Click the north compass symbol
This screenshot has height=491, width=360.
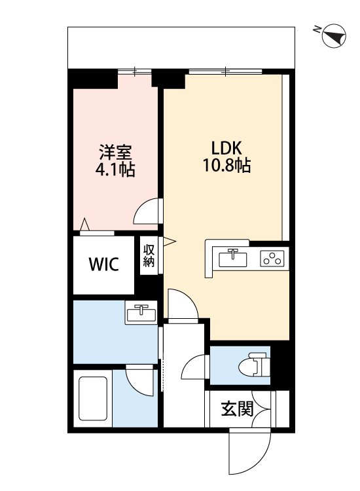tap(336, 36)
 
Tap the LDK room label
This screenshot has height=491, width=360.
tap(226, 146)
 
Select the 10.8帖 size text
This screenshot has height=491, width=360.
tap(226, 166)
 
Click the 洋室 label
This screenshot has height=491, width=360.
tap(116, 153)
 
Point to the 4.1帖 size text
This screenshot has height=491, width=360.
tap(116, 171)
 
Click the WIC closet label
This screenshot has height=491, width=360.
tap(103, 264)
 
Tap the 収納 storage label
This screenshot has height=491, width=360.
tap(149, 256)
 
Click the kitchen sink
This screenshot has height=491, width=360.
tap(233, 258)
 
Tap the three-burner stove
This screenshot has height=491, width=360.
tap(272, 259)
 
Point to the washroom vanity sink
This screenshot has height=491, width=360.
tap(141, 314)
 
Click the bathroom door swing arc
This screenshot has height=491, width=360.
tap(139, 380)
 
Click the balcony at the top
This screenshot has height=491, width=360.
tap(181, 46)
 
